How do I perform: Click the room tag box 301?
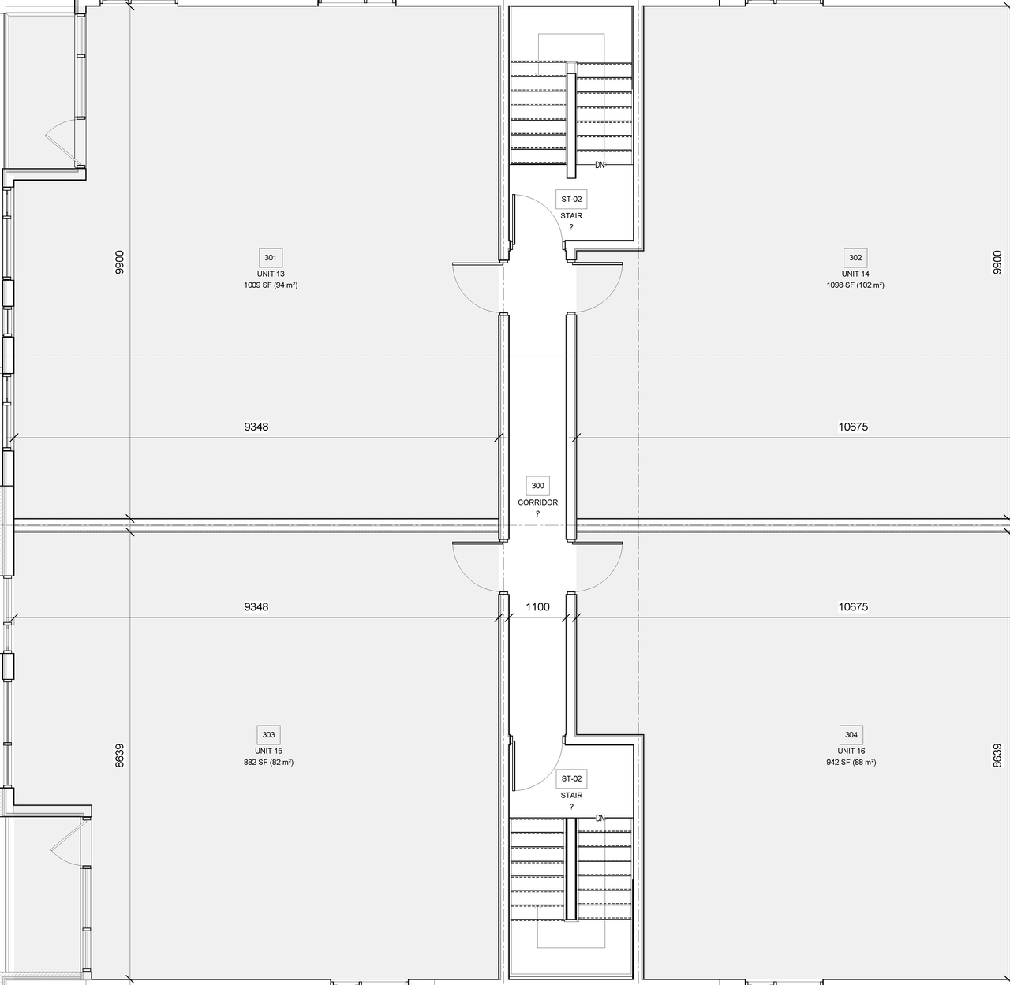tap(271, 258)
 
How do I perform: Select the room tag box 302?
tap(855, 258)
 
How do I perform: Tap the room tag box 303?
tap(268, 735)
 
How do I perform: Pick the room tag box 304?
tap(851, 735)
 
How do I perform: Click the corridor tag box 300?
tap(537, 486)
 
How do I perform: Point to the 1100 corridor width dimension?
tap(537, 606)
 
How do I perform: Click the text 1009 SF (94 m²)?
tap(271, 285)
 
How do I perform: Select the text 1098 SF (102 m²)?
tap(855, 285)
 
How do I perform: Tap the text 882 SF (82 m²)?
tap(268, 763)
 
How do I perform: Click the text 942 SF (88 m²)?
tap(851, 763)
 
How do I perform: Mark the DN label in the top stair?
tap(600, 165)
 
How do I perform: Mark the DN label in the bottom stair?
tap(600, 819)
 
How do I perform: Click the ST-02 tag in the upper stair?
tap(571, 200)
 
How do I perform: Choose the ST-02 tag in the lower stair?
tap(571, 779)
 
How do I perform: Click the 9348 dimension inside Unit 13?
tap(256, 427)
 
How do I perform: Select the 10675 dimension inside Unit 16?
tap(853, 606)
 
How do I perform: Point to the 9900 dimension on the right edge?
tap(997, 262)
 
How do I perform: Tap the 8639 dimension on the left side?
tap(119, 756)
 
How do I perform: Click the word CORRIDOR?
tap(537, 502)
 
